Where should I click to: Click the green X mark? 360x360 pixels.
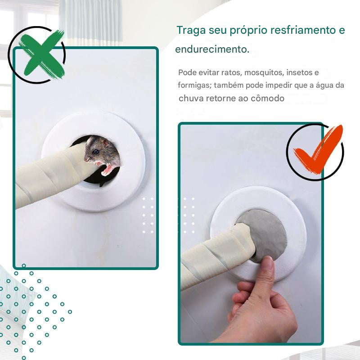coord(42,54)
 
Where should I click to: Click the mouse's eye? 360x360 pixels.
coord(96,152)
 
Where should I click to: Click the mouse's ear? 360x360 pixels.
coord(106,143)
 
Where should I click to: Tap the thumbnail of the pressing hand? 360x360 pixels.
coord(269,262)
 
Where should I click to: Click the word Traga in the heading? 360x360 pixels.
coord(191,31)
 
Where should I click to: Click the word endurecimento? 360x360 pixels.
coord(212,49)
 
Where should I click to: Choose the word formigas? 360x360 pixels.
coord(195,85)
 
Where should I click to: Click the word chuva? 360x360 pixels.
coord(191,98)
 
